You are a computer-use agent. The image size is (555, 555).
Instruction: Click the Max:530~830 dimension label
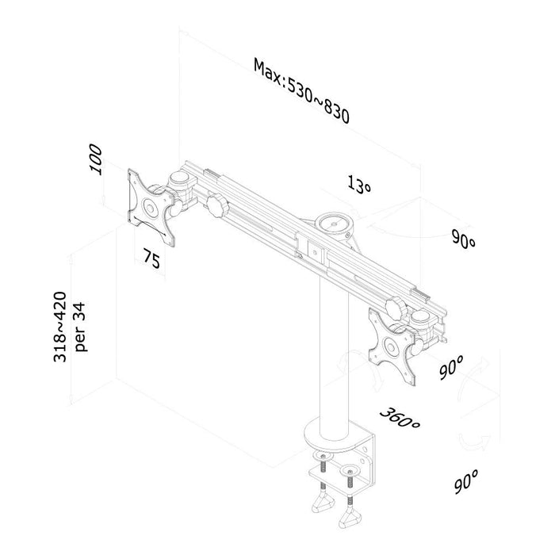tap(301, 91)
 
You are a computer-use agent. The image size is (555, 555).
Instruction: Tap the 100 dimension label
tap(96, 159)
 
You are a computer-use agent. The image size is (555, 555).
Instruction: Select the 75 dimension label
tap(152, 258)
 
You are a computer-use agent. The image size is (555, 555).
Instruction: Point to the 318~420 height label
tap(59, 327)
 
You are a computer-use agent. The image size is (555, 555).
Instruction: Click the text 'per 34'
tap(80, 327)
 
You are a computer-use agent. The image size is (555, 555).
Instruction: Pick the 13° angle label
tap(359, 184)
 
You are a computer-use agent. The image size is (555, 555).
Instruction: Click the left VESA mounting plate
tap(151, 207)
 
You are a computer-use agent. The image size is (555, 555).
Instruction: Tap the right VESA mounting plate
tap(392, 346)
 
